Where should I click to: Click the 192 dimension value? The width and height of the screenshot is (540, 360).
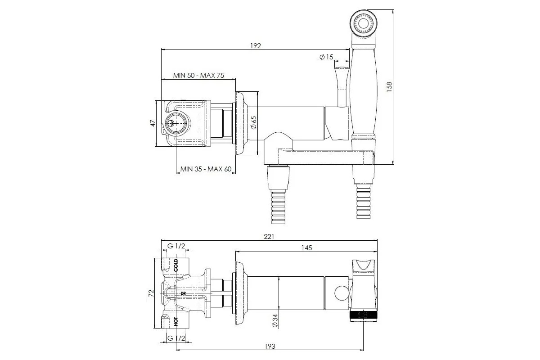(256, 46)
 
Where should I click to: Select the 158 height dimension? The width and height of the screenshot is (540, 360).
(389, 87)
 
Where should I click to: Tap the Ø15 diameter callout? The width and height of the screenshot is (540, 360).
(326, 57)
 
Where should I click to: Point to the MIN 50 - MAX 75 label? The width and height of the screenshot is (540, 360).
(198, 76)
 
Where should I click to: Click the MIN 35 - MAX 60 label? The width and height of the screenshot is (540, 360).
(206, 169)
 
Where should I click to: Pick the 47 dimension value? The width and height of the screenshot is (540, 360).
(153, 123)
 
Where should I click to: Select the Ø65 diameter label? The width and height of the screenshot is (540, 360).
(254, 123)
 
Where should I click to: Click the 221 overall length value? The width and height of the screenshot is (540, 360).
(269, 237)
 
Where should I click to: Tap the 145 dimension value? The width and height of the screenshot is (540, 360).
(306, 248)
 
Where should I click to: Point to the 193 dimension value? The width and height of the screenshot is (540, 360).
(270, 346)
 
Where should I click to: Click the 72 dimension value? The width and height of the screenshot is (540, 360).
(151, 293)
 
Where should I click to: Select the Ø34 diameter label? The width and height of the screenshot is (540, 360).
(275, 321)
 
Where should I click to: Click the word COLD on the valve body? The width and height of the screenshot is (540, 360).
(176, 265)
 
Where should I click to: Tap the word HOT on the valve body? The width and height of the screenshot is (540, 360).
(176, 322)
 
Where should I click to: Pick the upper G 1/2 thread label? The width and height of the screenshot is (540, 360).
(176, 246)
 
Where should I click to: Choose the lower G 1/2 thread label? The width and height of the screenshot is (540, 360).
(176, 338)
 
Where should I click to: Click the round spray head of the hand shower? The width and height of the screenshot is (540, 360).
(363, 24)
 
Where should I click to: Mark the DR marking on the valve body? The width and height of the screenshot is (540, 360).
(183, 293)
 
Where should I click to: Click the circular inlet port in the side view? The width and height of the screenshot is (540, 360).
(177, 123)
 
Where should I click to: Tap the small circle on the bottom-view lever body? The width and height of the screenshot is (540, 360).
(342, 293)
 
